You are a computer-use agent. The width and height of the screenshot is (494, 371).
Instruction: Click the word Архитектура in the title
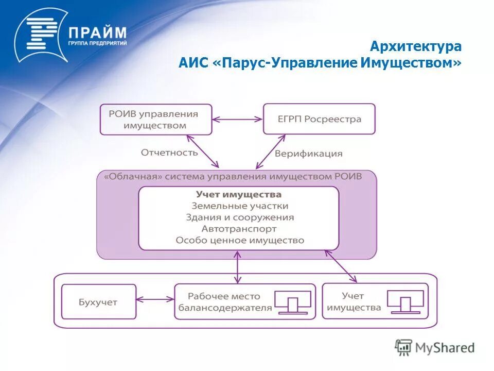tap(416, 46)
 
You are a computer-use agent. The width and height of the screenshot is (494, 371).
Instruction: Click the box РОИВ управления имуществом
tap(155, 119)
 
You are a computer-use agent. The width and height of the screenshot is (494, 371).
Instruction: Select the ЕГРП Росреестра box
tap(319, 119)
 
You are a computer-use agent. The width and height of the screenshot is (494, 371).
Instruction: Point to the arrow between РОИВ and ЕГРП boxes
tap(237, 119)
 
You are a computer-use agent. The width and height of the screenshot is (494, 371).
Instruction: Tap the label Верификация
tap(308, 153)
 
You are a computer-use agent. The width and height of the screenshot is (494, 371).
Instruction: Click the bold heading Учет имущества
tap(238, 194)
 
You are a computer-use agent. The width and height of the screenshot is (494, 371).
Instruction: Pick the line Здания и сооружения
tap(240, 217)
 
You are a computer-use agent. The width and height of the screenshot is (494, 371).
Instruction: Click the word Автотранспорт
tap(239, 229)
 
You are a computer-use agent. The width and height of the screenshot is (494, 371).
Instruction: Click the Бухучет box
tap(99, 302)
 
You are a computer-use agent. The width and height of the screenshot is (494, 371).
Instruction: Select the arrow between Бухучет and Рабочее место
tap(155, 298)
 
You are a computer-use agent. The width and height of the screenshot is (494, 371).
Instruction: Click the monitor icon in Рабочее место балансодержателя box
tap(292, 302)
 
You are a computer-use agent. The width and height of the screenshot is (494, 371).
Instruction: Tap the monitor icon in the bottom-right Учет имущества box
tap(405, 301)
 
